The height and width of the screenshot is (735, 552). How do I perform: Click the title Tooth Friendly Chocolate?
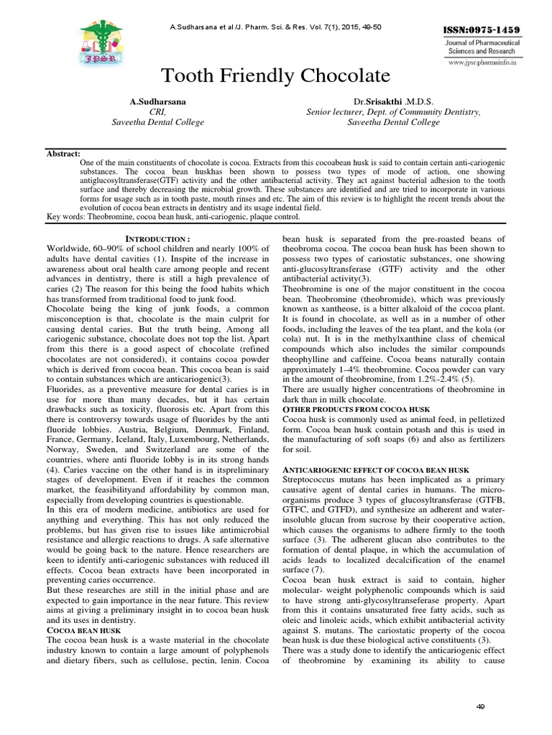coord(276,75)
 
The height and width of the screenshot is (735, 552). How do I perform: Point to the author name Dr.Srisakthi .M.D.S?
coord(393,102)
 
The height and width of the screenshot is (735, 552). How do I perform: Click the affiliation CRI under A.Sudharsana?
coord(157,112)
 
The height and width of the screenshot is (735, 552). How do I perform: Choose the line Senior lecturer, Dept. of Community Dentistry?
coord(393,112)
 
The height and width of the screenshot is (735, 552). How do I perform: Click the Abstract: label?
coord(64,154)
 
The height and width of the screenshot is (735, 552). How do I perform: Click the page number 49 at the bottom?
coord(481,707)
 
